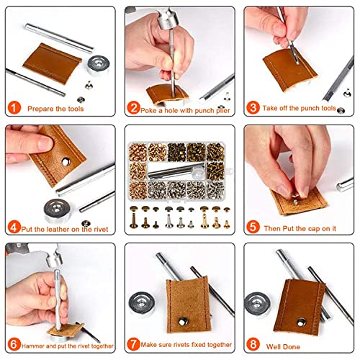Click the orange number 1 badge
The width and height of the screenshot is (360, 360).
pos(14,108)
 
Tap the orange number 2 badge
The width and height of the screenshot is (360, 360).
pos(133,108)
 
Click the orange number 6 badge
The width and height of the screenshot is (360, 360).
pos(14,343)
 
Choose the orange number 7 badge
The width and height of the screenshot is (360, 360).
pos(133,343)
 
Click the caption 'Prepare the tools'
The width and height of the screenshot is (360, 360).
pos(55,108)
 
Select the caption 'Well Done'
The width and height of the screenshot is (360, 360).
pos(285,343)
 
